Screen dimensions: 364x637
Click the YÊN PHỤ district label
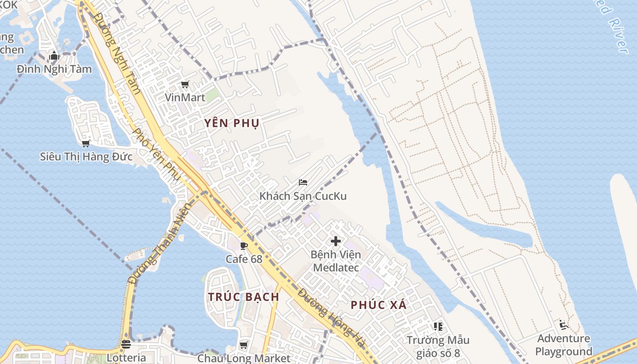pyautogui.click(x=232, y=123)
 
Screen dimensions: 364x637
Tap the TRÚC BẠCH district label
pyautogui.click(x=243, y=297)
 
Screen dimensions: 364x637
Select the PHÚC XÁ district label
pyautogui.click(x=379, y=305)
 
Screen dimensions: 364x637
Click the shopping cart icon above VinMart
pyautogui.click(x=185, y=85)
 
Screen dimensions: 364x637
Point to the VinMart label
pyautogui.click(x=185, y=97)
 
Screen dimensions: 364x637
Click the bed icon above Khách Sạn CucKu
pyautogui.click(x=303, y=182)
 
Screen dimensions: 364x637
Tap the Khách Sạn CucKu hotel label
pyautogui.click(x=303, y=196)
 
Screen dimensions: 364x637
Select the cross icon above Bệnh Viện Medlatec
pyautogui.click(x=336, y=241)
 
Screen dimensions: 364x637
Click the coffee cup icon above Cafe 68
pyautogui.click(x=244, y=246)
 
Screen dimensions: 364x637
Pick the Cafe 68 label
pyautogui.click(x=244, y=259)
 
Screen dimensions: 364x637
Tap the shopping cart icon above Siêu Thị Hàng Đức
pyautogui.click(x=86, y=144)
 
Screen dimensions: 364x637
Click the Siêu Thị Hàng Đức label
pyautogui.click(x=86, y=157)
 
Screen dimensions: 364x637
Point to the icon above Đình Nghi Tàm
pyautogui.click(x=54, y=56)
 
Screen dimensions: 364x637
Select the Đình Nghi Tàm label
pyautogui.click(x=54, y=69)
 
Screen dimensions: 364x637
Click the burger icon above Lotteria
pyautogui.click(x=126, y=344)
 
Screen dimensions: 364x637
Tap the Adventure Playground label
pyautogui.click(x=564, y=345)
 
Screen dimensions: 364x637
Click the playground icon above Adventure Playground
pyautogui.click(x=564, y=325)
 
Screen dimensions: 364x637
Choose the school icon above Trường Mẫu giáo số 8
pyautogui.click(x=438, y=326)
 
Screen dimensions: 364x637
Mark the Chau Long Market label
pyautogui.click(x=244, y=358)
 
